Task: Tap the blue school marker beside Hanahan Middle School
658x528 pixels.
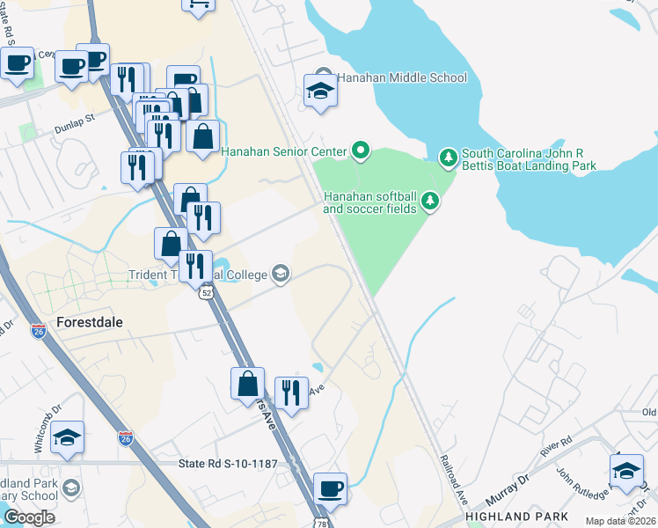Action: (319, 91)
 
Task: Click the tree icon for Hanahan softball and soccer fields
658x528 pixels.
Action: (430, 202)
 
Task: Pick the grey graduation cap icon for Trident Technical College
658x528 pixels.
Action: (281, 275)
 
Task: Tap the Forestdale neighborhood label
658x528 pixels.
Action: (91, 321)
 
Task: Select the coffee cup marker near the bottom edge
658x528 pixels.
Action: (330, 488)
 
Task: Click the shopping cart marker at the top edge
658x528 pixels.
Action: (199, 4)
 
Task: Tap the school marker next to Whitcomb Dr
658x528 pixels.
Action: (67, 438)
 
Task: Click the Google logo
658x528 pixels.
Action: (29, 517)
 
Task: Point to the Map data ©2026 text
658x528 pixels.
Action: (620, 521)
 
